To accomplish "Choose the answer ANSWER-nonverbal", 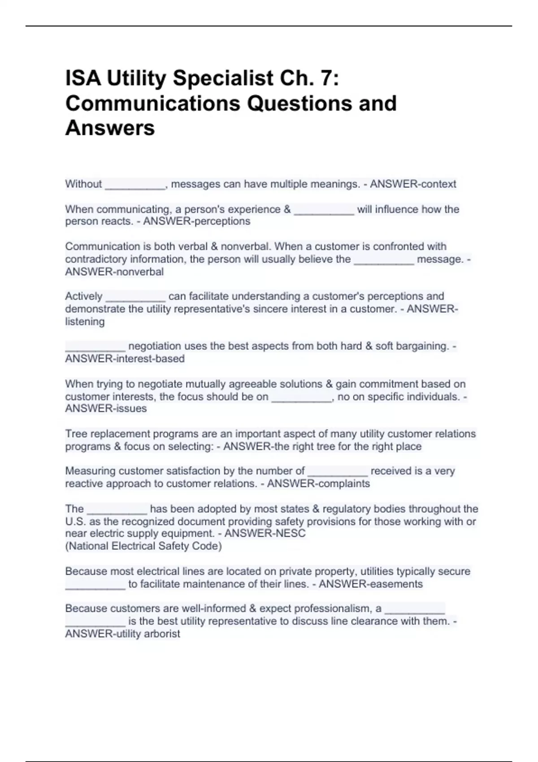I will (114, 272).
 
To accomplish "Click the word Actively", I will (84, 296).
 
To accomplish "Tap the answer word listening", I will (85, 322).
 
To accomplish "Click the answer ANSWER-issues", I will (106, 409).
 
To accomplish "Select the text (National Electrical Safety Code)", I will (143, 546).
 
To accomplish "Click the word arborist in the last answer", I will (162, 634).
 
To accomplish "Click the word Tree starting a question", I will (75, 434).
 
